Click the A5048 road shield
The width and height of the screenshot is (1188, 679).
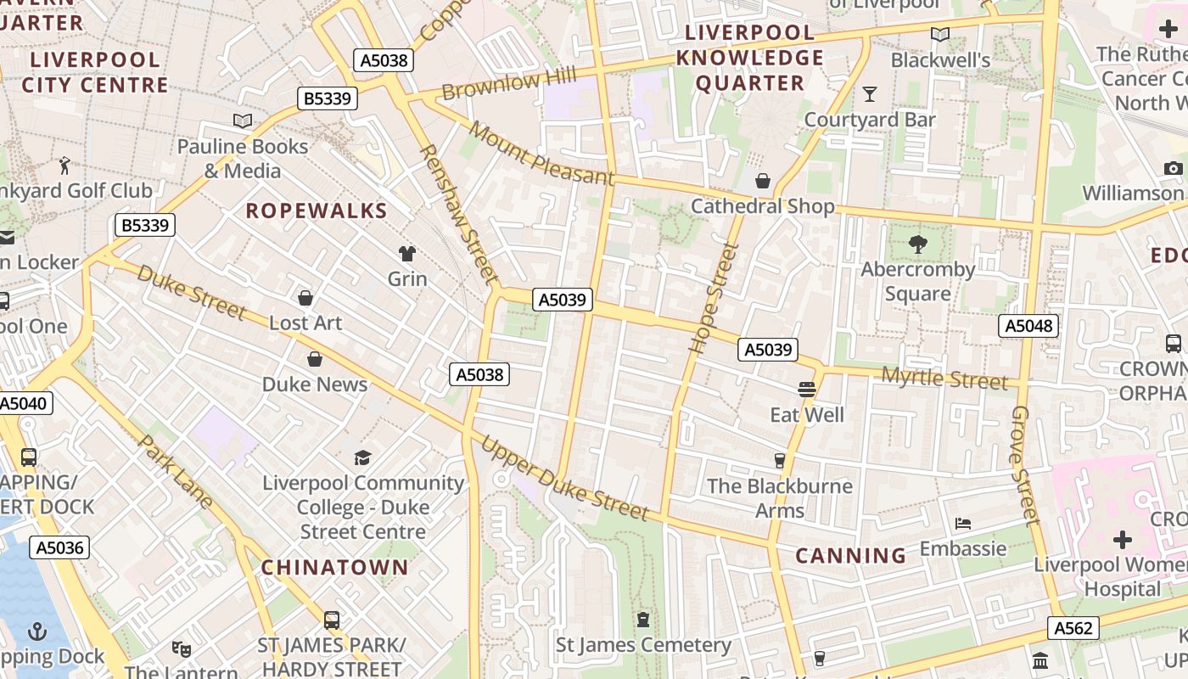[1028, 326]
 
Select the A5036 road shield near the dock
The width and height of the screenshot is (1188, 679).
[59, 547]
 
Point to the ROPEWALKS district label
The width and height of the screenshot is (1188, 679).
[317, 211]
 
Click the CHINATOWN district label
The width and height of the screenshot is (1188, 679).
[334, 567]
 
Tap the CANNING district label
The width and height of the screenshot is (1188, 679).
[851, 556]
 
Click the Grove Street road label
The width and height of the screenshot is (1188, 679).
[1024, 464]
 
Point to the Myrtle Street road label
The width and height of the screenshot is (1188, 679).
[944, 379]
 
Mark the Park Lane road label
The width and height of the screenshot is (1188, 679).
[175, 472]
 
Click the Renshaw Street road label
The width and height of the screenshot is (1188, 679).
[458, 212]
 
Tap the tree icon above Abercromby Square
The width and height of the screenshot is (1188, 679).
[917, 244]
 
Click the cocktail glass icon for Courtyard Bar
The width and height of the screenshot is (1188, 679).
[870, 93]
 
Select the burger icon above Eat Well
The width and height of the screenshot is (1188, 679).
[806, 390]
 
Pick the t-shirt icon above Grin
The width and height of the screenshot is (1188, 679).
[407, 253]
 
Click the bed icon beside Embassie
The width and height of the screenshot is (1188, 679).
[962, 524]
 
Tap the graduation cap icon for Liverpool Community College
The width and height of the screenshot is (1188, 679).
[363, 458]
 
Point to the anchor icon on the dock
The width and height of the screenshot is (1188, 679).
[36, 631]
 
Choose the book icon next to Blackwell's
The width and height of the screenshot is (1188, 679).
[939, 35]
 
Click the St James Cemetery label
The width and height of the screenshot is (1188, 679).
[643, 645]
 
